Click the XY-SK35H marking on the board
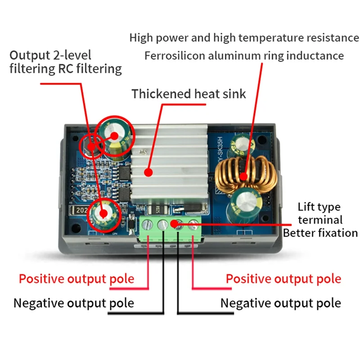(215, 144)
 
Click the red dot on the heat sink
(148, 171)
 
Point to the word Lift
(307, 207)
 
